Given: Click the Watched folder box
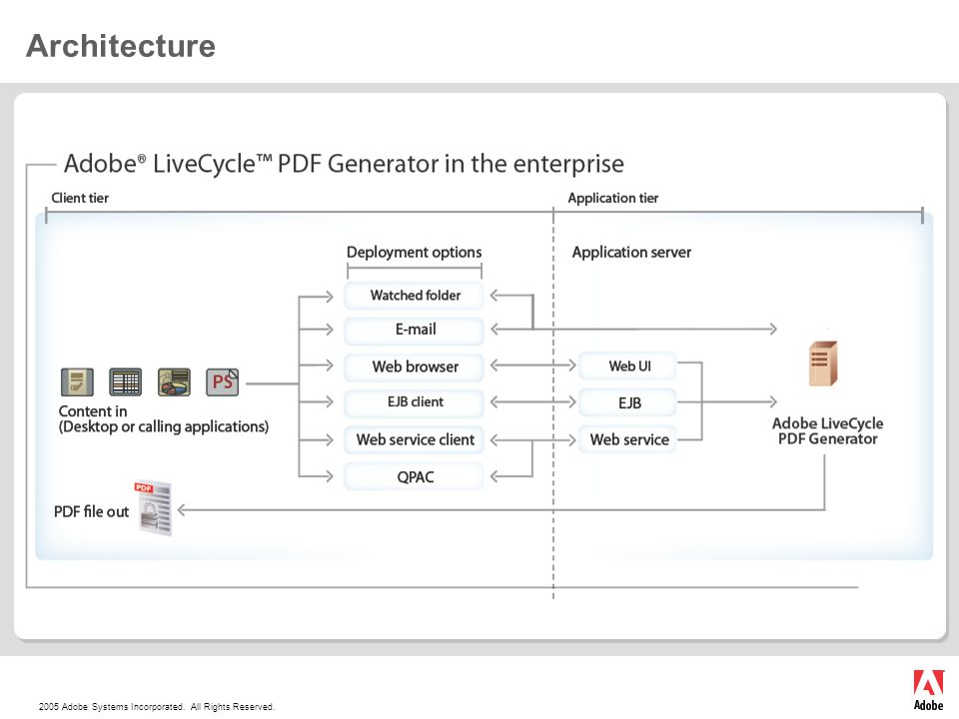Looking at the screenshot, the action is pyautogui.click(x=414, y=296).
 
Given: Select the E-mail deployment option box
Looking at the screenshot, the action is pyautogui.click(x=414, y=330).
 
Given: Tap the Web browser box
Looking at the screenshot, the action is pyautogui.click(x=414, y=366).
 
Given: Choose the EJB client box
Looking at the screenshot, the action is pyautogui.click(x=414, y=402).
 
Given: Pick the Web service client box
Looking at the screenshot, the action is pyautogui.click(x=414, y=439).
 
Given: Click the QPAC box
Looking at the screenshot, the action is pyautogui.click(x=414, y=477).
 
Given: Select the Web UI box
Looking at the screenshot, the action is pyautogui.click(x=628, y=365).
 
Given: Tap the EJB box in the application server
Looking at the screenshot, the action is pyautogui.click(x=628, y=402).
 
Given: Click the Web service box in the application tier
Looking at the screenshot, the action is pyautogui.click(x=628, y=439).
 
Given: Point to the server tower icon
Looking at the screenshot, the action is pyautogui.click(x=823, y=363).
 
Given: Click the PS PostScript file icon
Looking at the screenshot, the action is pyautogui.click(x=222, y=382).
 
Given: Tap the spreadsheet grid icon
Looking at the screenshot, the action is pyautogui.click(x=126, y=382).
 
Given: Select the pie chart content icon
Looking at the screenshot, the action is pyautogui.click(x=174, y=382).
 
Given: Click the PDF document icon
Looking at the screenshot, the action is pyautogui.click(x=154, y=508).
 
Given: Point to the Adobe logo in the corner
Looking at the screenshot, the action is pyautogui.click(x=928, y=690).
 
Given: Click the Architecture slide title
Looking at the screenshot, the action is pyautogui.click(x=121, y=46).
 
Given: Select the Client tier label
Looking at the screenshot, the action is pyautogui.click(x=80, y=198).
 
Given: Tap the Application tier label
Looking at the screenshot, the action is pyautogui.click(x=612, y=198).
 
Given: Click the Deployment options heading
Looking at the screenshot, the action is pyautogui.click(x=414, y=253).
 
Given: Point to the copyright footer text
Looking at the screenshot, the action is pyautogui.click(x=157, y=707).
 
